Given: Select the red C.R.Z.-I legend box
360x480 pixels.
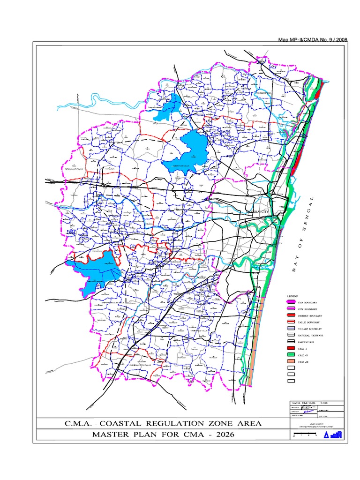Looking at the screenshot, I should (291, 349).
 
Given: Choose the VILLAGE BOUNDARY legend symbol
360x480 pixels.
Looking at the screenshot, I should (291, 330).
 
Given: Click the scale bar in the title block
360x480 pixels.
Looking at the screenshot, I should (305, 435).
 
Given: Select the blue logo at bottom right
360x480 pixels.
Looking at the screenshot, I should (335, 435).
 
